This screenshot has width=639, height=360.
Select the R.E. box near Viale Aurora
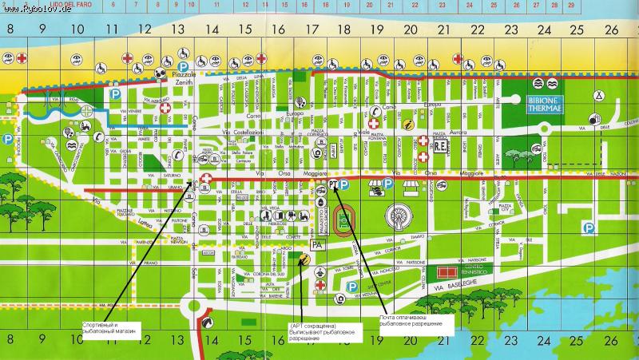[x=442, y=148]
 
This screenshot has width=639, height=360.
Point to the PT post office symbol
[x=331, y=185]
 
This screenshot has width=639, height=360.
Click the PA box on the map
[x=317, y=244]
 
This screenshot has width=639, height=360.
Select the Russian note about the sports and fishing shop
[x=110, y=327]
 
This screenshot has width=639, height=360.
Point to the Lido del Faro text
[x=59, y=6]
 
